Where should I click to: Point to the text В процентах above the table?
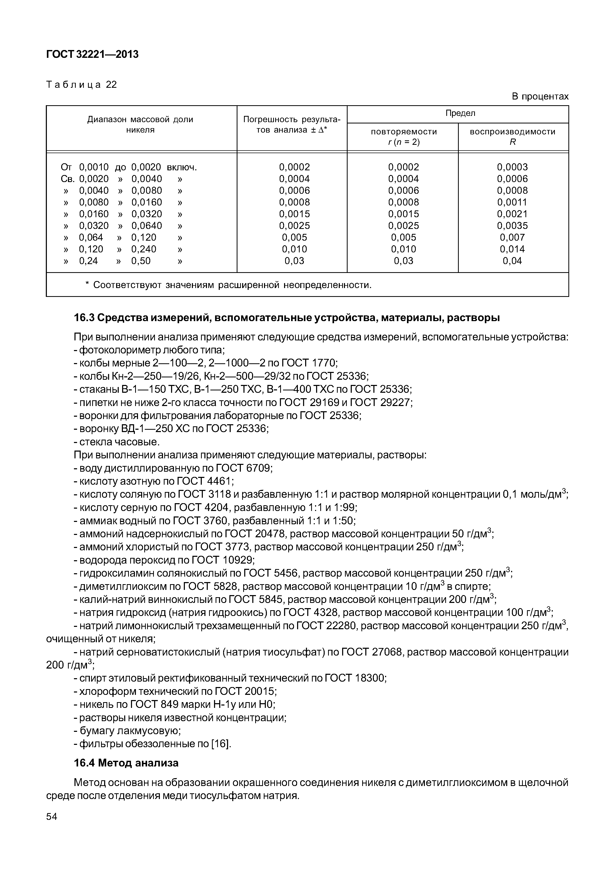tap(540, 96)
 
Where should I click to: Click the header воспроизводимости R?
tap(512, 137)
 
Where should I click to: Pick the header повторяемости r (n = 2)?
tap(404, 137)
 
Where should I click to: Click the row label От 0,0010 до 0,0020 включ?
tap(129, 167)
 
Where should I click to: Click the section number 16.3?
tap(84, 318)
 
